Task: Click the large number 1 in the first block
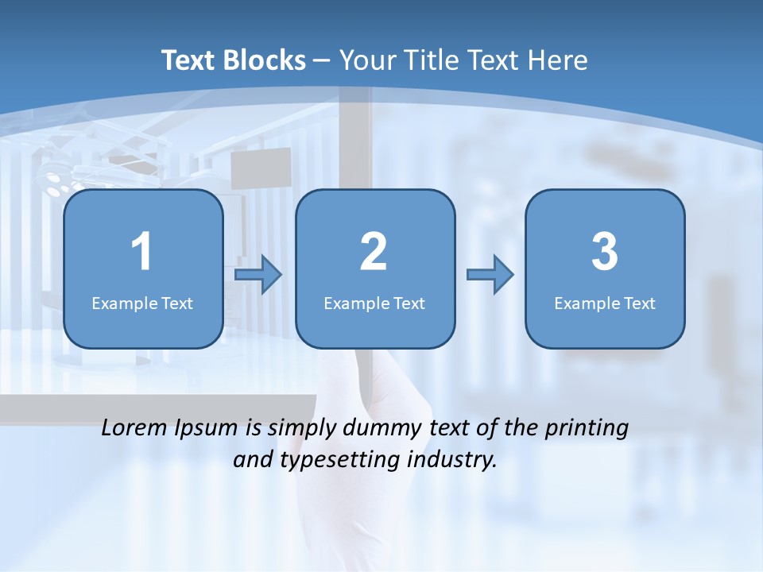tap(141, 252)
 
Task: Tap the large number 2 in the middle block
tap(374, 252)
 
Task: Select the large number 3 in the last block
tap(605, 252)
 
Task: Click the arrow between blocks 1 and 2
tap(259, 275)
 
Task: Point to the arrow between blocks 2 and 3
tap(490, 275)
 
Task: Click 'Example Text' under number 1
tap(142, 303)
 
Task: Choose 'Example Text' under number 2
tap(374, 303)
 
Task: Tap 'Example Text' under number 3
tap(605, 303)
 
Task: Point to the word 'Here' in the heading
tap(558, 60)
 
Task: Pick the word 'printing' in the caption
tap(587, 429)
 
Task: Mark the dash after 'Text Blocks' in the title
tap(322, 60)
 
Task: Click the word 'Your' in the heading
tap(366, 60)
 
